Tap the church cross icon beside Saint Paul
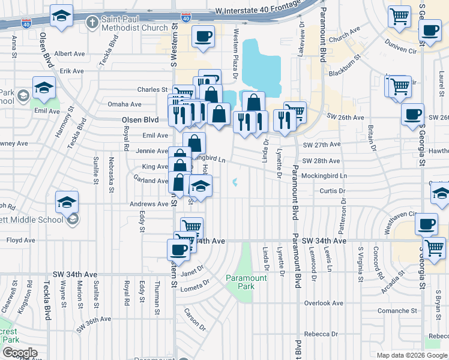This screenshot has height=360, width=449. (x=92, y=23)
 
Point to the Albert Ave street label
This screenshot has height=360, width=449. (x=69, y=53)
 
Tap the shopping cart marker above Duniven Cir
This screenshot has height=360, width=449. (x=399, y=17)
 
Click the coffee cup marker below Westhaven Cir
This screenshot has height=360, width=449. (x=426, y=224)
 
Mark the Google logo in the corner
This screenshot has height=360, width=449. (x=20, y=352)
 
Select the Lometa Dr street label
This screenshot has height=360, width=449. (x=196, y=286)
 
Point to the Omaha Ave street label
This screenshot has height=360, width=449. (x=124, y=104)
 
